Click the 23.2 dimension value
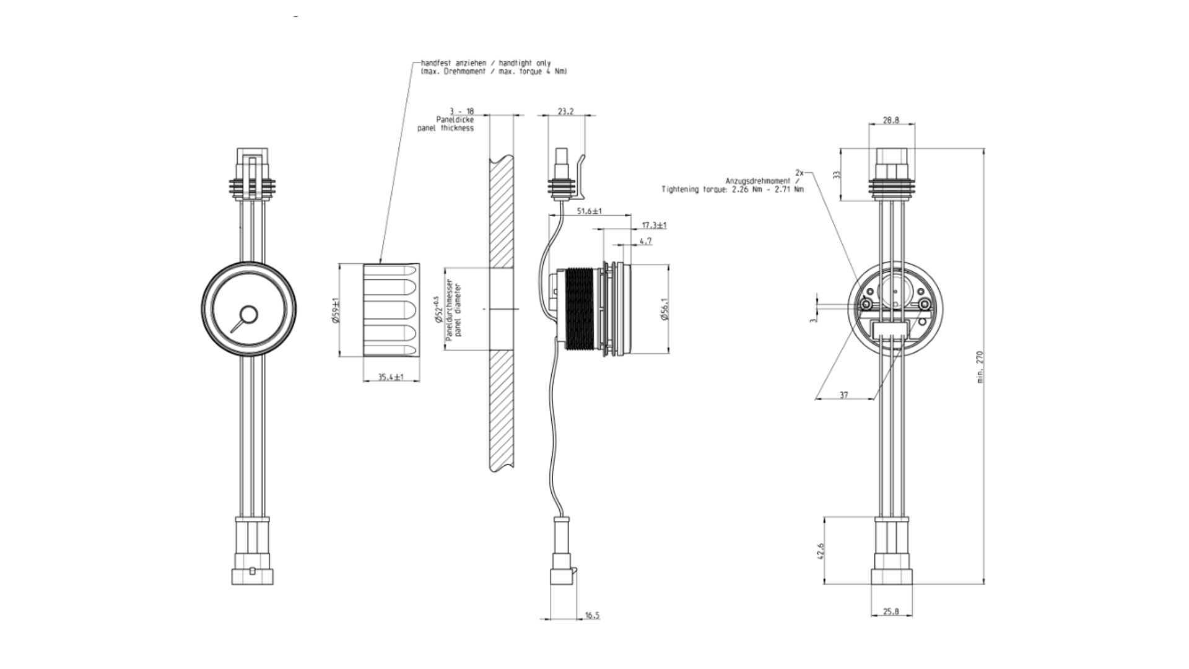point(565,111)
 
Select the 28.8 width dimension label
point(891,120)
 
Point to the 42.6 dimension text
point(821,551)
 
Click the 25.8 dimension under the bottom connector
point(891,611)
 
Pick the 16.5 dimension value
point(592,615)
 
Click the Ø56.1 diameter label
point(665,308)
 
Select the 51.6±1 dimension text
point(589,211)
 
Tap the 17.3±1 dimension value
point(654,225)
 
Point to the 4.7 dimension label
point(645,241)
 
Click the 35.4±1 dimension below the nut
point(391,377)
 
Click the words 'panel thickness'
point(445,128)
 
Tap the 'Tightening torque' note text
point(732,190)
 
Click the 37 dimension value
point(844,395)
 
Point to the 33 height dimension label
point(837,175)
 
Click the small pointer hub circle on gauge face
point(250,315)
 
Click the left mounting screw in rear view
point(865,304)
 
